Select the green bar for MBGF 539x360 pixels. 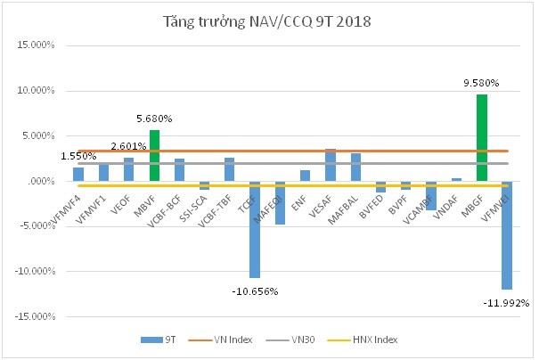(482, 137)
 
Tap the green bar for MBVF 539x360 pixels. (154, 155)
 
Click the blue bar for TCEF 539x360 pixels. (255, 229)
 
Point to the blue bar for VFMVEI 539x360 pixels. (507, 235)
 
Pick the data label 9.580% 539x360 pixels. (481, 83)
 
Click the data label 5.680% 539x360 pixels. (153, 119)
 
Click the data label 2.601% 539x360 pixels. (128, 146)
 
